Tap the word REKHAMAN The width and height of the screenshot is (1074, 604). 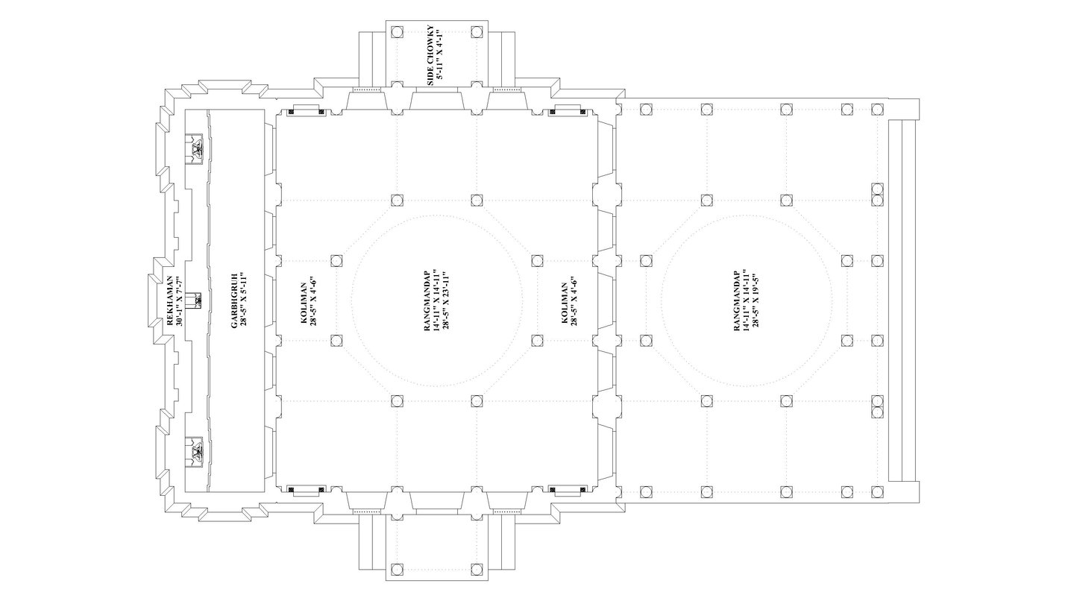tap(169, 300)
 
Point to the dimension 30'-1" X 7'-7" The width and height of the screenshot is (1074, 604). tap(179, 300)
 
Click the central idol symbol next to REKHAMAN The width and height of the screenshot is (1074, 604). tap(196, 300)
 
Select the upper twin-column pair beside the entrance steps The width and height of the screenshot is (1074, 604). tap(877, 194)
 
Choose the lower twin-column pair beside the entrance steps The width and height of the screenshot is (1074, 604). tap(877, 406)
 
